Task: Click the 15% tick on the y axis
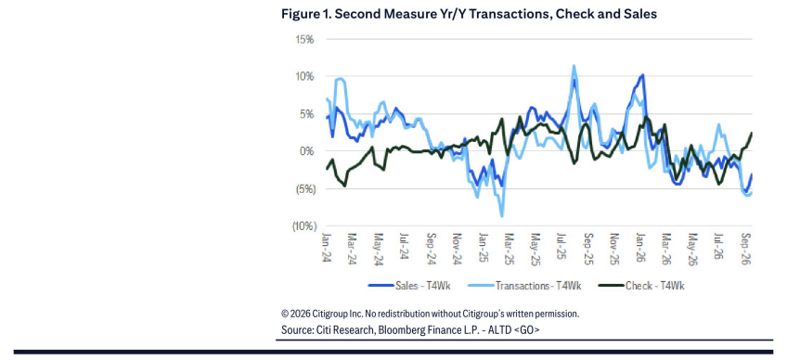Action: pyautogui.click(x=304, y=39)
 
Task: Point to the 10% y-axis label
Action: pyautogui.click(x=304, y=77)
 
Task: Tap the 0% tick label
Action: pyautogui.click(x=306, y=151)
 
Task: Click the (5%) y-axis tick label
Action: pyautogui.click(x=303, y=188)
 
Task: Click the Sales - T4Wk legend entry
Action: pyautogui.click(x=409, y=286)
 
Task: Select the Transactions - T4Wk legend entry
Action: pyautogui.click(x=524, y=286)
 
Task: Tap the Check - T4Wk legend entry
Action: pyautogui.click(x=641, y=286)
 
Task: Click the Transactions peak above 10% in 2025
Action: pyautogui.click(x=574, y=65)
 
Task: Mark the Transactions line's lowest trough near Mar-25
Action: pyautogui.click(x=501, y=216)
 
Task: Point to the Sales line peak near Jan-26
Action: pyautogui.click(x=642, y=75)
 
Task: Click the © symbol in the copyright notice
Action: pyautogui.click(x=285, y=314)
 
